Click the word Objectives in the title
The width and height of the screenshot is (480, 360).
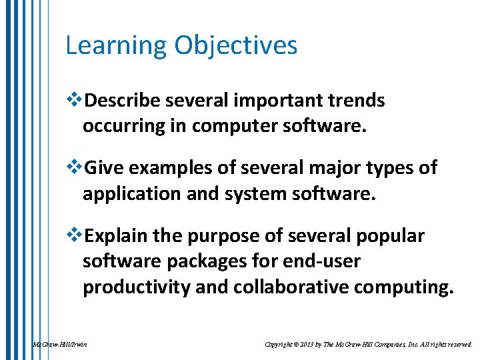(236, 46)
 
